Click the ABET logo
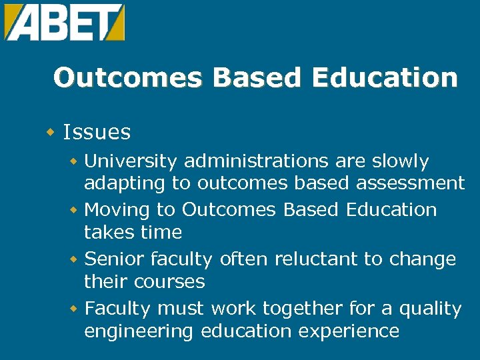[x=65, y=22]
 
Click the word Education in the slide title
[x=385, y=78]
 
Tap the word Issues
[x=97, y=132]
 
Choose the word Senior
[x=115, y=259]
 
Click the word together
[x=306, y=309]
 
